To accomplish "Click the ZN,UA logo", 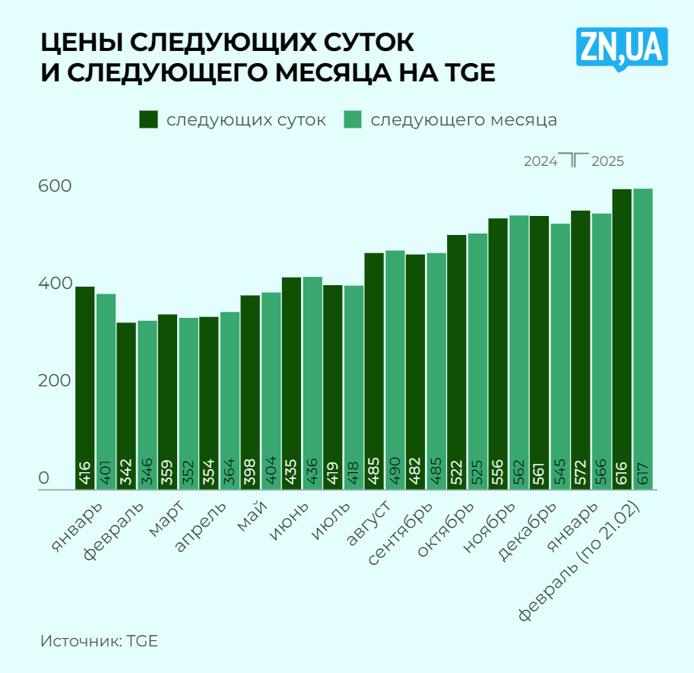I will click(621, 48).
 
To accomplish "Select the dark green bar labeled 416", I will click(85, 388).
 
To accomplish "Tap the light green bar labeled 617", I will click(643, 338).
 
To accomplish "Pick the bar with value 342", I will click(126, 406).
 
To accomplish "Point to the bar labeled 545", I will click(560, 357).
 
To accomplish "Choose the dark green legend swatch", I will click(148, 120).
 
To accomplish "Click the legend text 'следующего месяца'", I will click(464, 120).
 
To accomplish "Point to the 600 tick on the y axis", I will click(55, 187).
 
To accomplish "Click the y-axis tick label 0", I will click(44, 479).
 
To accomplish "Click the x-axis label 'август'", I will click(369, 525).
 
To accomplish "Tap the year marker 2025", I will click(608, 161).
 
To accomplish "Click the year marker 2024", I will click(540, 161).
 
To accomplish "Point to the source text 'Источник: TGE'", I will click(99, 640).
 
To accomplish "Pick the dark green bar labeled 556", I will click(498, 354).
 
